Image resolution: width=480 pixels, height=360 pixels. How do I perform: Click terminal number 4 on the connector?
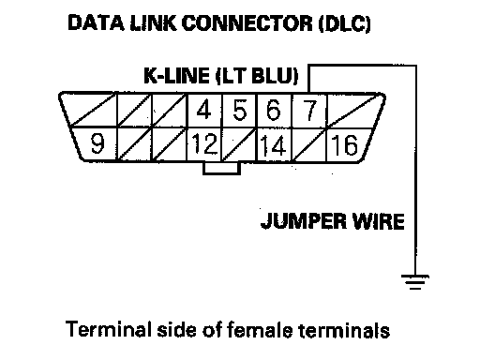point(204,110)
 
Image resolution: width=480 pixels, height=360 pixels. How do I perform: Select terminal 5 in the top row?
point(239,110)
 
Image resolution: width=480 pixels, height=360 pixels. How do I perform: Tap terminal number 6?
point(274,110)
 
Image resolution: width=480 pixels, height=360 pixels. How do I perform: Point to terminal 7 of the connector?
point(309,110)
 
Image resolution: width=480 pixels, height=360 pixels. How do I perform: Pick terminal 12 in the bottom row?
point(204,144)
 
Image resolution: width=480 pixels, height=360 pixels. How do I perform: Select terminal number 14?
point(274,144)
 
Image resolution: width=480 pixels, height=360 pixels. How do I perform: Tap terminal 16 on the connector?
point(344,144)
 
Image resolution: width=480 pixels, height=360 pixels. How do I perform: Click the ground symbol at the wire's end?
point(415,281)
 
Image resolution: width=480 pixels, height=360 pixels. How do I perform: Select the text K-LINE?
point(176,75)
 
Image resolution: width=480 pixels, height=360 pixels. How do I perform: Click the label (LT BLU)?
point(257,76)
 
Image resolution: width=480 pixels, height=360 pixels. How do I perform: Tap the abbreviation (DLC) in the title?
point(344,23)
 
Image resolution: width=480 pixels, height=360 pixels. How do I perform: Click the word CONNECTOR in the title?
point(247,22)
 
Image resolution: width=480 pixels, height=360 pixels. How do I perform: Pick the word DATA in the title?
point(96,22)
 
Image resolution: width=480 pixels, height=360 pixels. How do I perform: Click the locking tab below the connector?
point(221,168)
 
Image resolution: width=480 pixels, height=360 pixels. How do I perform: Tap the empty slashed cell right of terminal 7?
point(355,110)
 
